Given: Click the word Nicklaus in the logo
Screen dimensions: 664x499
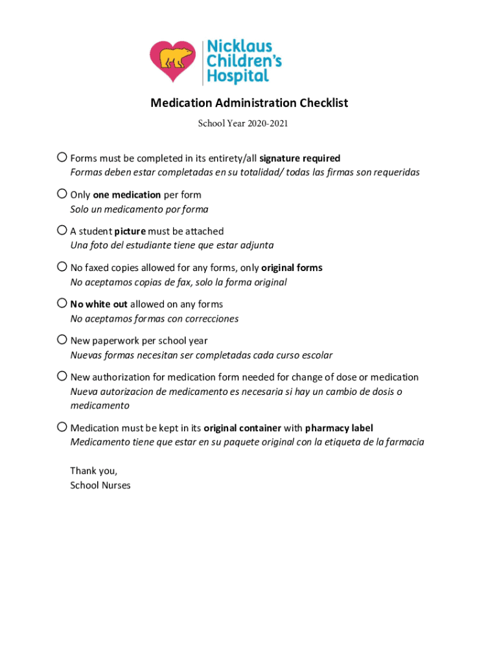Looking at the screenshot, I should [x=239, y=47].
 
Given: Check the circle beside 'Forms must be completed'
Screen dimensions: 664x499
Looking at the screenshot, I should [x=62, y=157].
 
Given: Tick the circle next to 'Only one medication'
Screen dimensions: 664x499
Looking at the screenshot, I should [x=62, y=193].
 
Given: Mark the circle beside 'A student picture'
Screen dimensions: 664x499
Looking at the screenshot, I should [x=62, y=230].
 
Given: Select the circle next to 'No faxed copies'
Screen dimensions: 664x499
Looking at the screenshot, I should [x=62, y=267].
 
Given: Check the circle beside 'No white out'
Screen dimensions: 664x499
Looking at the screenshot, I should [x=62, y=303].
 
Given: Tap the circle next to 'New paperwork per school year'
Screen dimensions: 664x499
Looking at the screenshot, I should [x=62, y=339].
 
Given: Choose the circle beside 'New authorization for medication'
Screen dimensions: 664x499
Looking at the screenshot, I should [x=62, y=376].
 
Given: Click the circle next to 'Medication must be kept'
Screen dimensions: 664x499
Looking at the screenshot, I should [x=62, y=427].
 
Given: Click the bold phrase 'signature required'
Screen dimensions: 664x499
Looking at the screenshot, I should [x=299, y=158].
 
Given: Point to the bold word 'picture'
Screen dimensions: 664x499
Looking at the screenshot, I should [x=130, y=231].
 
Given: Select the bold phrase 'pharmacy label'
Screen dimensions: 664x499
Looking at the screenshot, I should [x=339, y=428].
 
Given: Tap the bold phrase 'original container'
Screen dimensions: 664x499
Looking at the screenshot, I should [x=242, y=428].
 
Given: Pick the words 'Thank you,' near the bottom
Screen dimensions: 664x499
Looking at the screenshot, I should [x=93, y=471].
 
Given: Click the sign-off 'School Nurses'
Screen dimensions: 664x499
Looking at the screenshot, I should [x=100, y=485].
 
